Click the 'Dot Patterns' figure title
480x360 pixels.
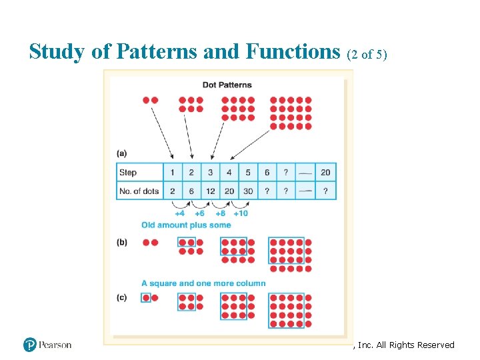coord(227,85)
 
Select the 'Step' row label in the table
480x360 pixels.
coord(128,173)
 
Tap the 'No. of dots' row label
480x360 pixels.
coord(139,191)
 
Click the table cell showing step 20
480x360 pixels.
coord(325,173)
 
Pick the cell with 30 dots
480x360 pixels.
coord(248,191)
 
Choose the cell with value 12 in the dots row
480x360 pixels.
coord(210,191)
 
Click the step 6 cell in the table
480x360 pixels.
coord(267,173)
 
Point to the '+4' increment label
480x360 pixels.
coord(180,214)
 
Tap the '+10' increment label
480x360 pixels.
coord(241,214)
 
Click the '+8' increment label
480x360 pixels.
coord(220,214)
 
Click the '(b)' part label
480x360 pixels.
coord(121,243)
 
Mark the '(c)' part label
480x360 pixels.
coord(121,298)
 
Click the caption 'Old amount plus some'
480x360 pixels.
coord(186,225)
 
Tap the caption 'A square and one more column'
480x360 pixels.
coord(203,283)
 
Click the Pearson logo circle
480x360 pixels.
coord(29,345)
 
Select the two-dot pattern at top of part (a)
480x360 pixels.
coord(150,100)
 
